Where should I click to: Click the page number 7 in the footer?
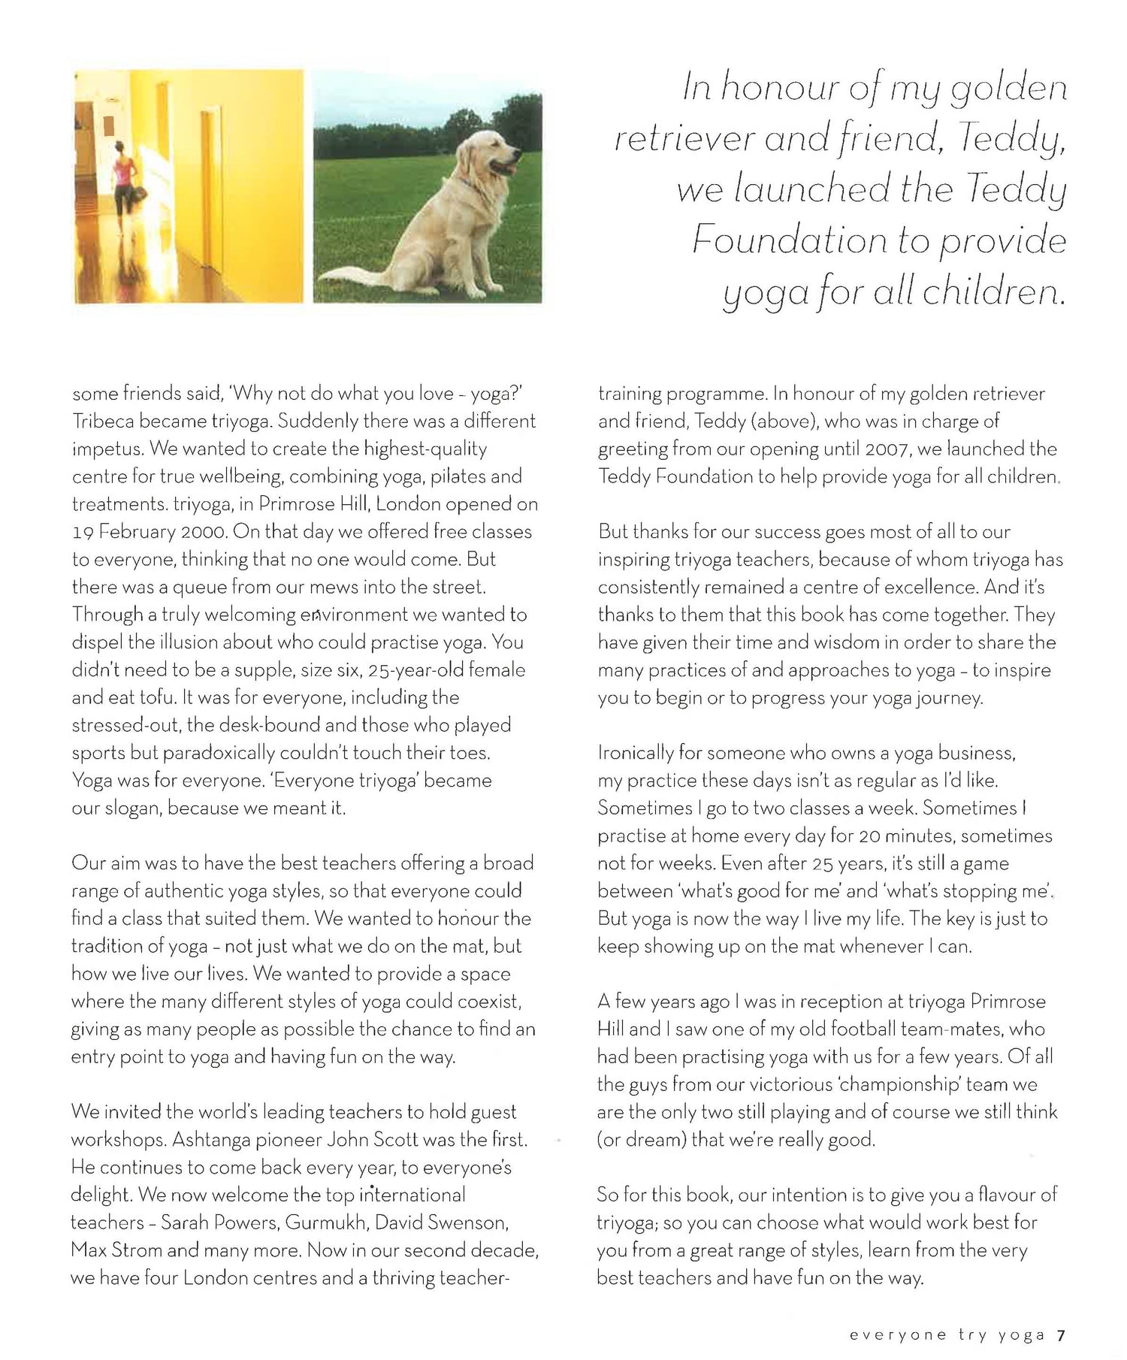1061,1335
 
